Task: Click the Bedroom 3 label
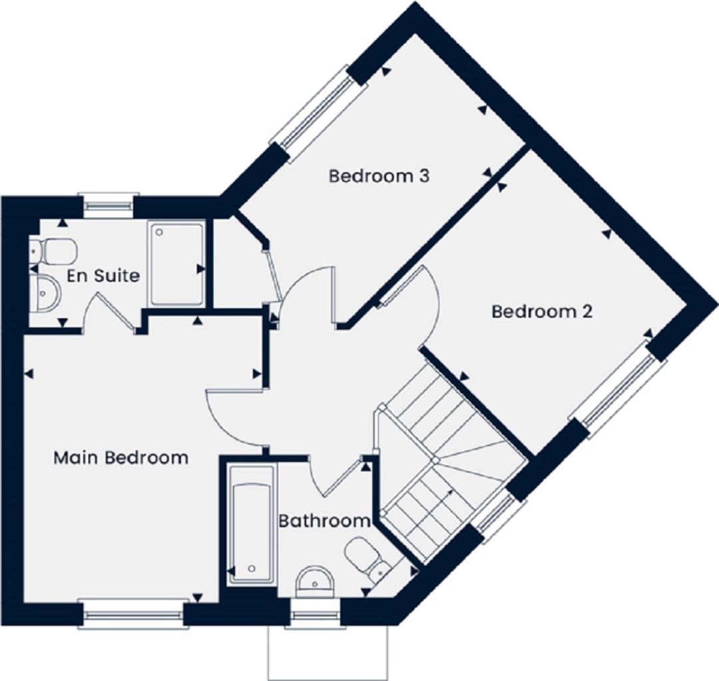point(379,176)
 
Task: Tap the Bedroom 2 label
point(542,312)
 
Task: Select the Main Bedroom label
point(121,458)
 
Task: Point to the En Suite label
point(103,276)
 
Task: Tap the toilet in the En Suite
point(53,251)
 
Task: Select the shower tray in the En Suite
point(176,264)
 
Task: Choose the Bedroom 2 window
point(617,390)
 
